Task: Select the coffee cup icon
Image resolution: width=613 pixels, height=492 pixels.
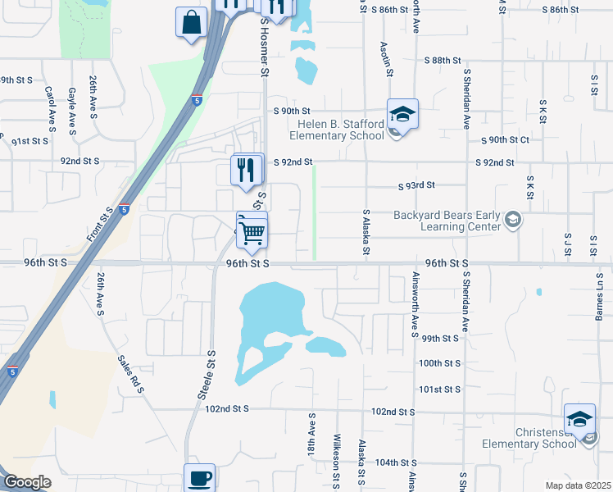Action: pyautogui.click(x=199, y=476)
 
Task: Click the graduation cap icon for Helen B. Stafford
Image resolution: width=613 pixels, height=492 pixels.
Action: pyautogui.click(x=402, y=114)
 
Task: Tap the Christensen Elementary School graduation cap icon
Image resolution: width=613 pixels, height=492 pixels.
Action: pyautogui.click(x=579, y=418)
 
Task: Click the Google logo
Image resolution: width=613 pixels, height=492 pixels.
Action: pyautogui.click(x=26, y=483)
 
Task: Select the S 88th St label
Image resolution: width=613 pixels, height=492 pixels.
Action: pyautogui.click(x=444, y=61)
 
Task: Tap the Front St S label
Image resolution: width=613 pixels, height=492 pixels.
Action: pyautogui.click(x=99, y=225)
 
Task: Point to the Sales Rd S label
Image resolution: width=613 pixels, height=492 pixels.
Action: pyautogui.click(x=129, y=373)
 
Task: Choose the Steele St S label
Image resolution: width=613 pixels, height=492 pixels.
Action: pyautogui.click(x=207, y=375)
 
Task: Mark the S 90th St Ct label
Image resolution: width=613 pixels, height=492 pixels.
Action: pyautogui.click(x=505, y=140)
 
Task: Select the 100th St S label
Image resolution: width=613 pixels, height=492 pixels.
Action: pyautogui.click(x=439, y=362)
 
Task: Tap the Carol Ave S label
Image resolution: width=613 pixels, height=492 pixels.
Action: pyautogui.click(x=50, y=109)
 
